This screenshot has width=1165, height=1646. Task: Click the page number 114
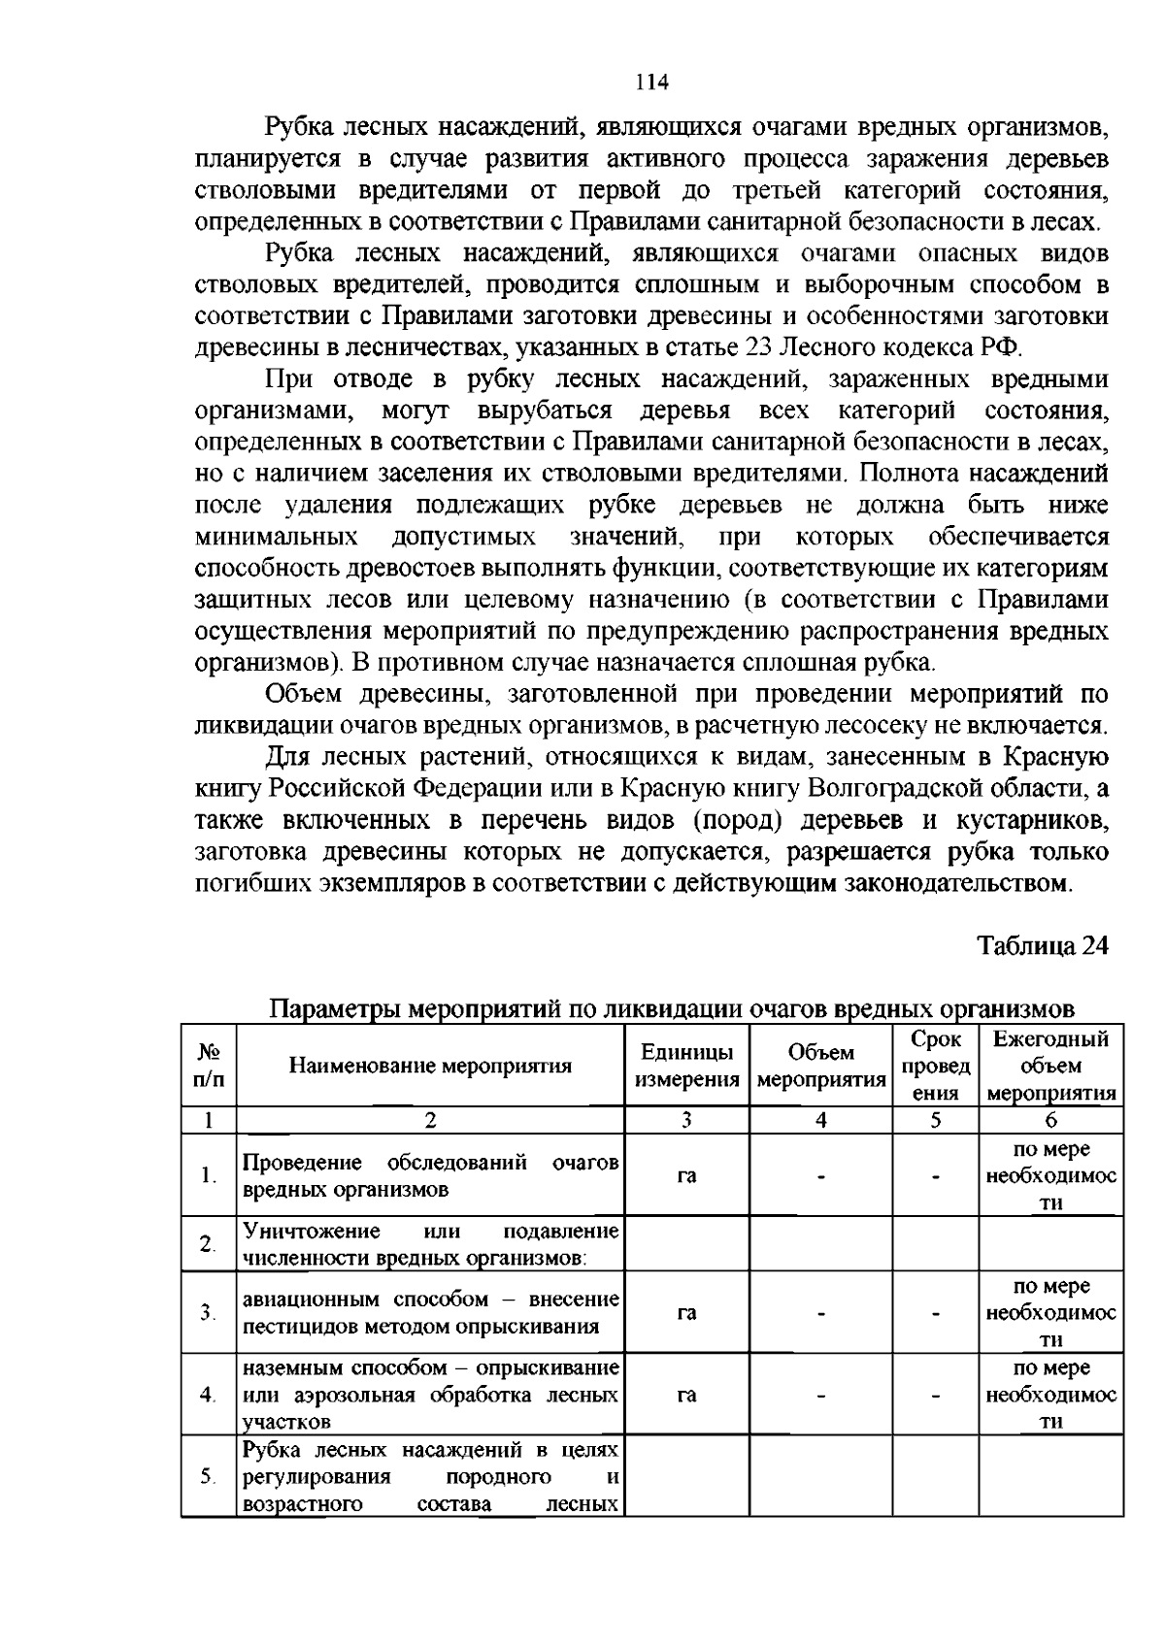pyautogui.click(x=652, y=82)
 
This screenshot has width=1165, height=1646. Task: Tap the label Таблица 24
pyautogui.click(x=1042, y=946)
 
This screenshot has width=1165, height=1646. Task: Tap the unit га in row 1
pyautogui.click(x=686, y=1176)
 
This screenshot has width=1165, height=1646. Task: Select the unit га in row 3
pyautogui.click(x=686, y=1313)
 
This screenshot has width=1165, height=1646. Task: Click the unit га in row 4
pyautogui.click(x=686, y=1395)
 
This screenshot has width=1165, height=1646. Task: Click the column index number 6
pyautogui.click(x=1051, y=1120)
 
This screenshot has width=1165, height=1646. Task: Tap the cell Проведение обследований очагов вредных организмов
pyautogui.click(x=430, y=1176)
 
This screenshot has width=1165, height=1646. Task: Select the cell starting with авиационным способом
pyautogui.click(x=430, y=1313)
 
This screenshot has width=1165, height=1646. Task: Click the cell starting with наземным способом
pyautogui.click(x=430, y=1395)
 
